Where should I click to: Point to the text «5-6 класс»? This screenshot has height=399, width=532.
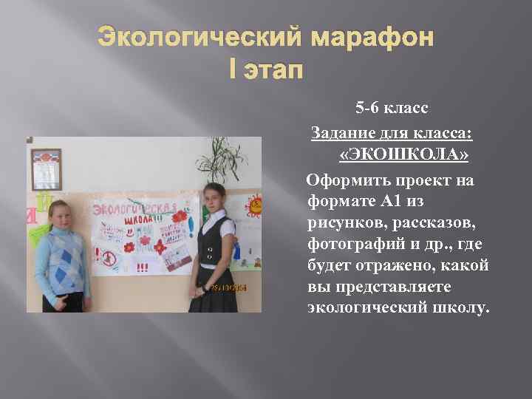click(391, 109)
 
